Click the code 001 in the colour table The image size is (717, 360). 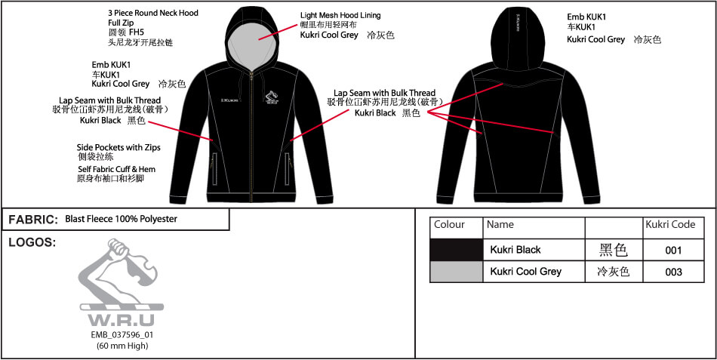tap(673, 251)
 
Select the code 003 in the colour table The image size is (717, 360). tap(673, 272)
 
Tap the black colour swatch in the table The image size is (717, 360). tap(457, 250)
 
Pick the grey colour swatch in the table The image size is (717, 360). tap(457, 272)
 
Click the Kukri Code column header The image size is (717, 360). tap(670, 225)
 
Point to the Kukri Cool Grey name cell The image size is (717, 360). tap(526, 271)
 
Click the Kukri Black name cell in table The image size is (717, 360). tap(515, 250)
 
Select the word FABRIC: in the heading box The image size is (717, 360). tap(33, 220)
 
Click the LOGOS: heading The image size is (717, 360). tap(32, 243)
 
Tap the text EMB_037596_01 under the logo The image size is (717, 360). tap(122, 335)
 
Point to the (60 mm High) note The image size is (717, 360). tap(122, 346)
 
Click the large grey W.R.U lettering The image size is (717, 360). tap(122, 319)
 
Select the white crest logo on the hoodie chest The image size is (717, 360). tap(272, 97)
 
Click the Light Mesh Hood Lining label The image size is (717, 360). tap(340, 16)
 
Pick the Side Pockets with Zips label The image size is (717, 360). tap(118, 148)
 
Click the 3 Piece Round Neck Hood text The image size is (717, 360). tap(153, 13)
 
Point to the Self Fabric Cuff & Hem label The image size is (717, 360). tap(116, 169)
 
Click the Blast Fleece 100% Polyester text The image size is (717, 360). tap(122, 219)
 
